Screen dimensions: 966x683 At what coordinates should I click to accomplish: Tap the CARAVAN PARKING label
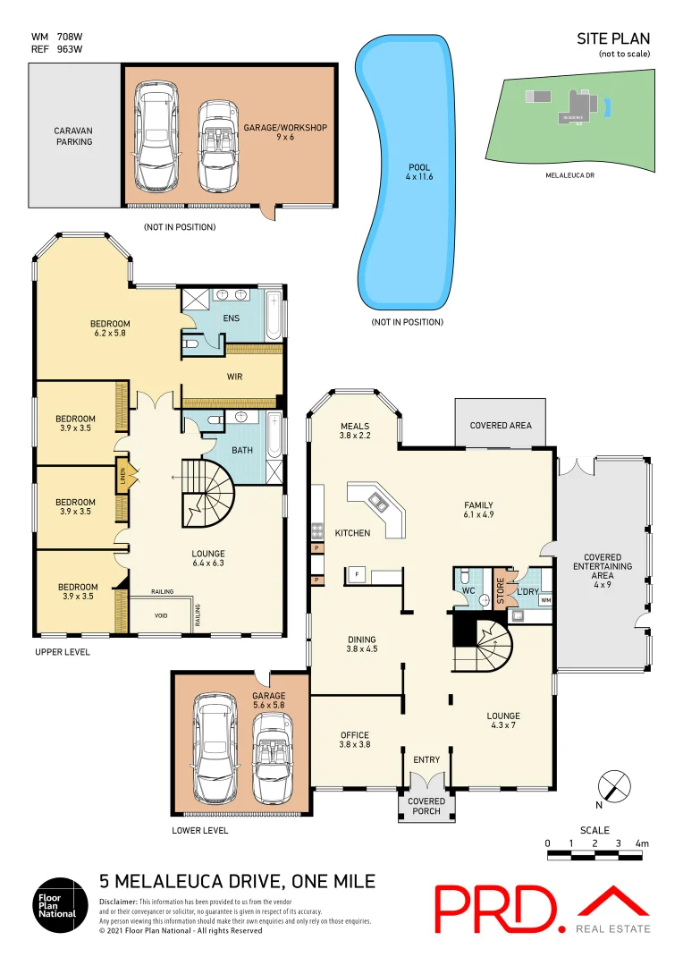pyautogui.click(x=73, y=135)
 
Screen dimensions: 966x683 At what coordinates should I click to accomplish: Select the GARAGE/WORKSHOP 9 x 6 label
pyautogui.click(x=285, y=132)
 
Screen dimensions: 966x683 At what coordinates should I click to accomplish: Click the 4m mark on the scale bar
pyautogui.click(x=641, y=843)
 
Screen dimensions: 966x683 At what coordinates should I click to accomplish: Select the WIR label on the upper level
pyautogui.click(x=234, y=377)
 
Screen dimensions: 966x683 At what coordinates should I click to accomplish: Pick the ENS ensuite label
pyautogui.click(x=232, y=318)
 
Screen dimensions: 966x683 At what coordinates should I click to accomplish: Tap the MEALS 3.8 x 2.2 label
pyautogui.click(x=354, y=430)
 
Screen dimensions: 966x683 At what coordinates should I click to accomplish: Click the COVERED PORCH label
pyautogui.click(x=426, y=806)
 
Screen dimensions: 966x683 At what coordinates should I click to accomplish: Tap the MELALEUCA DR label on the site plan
pyautogui.click(x=569, y=175)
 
